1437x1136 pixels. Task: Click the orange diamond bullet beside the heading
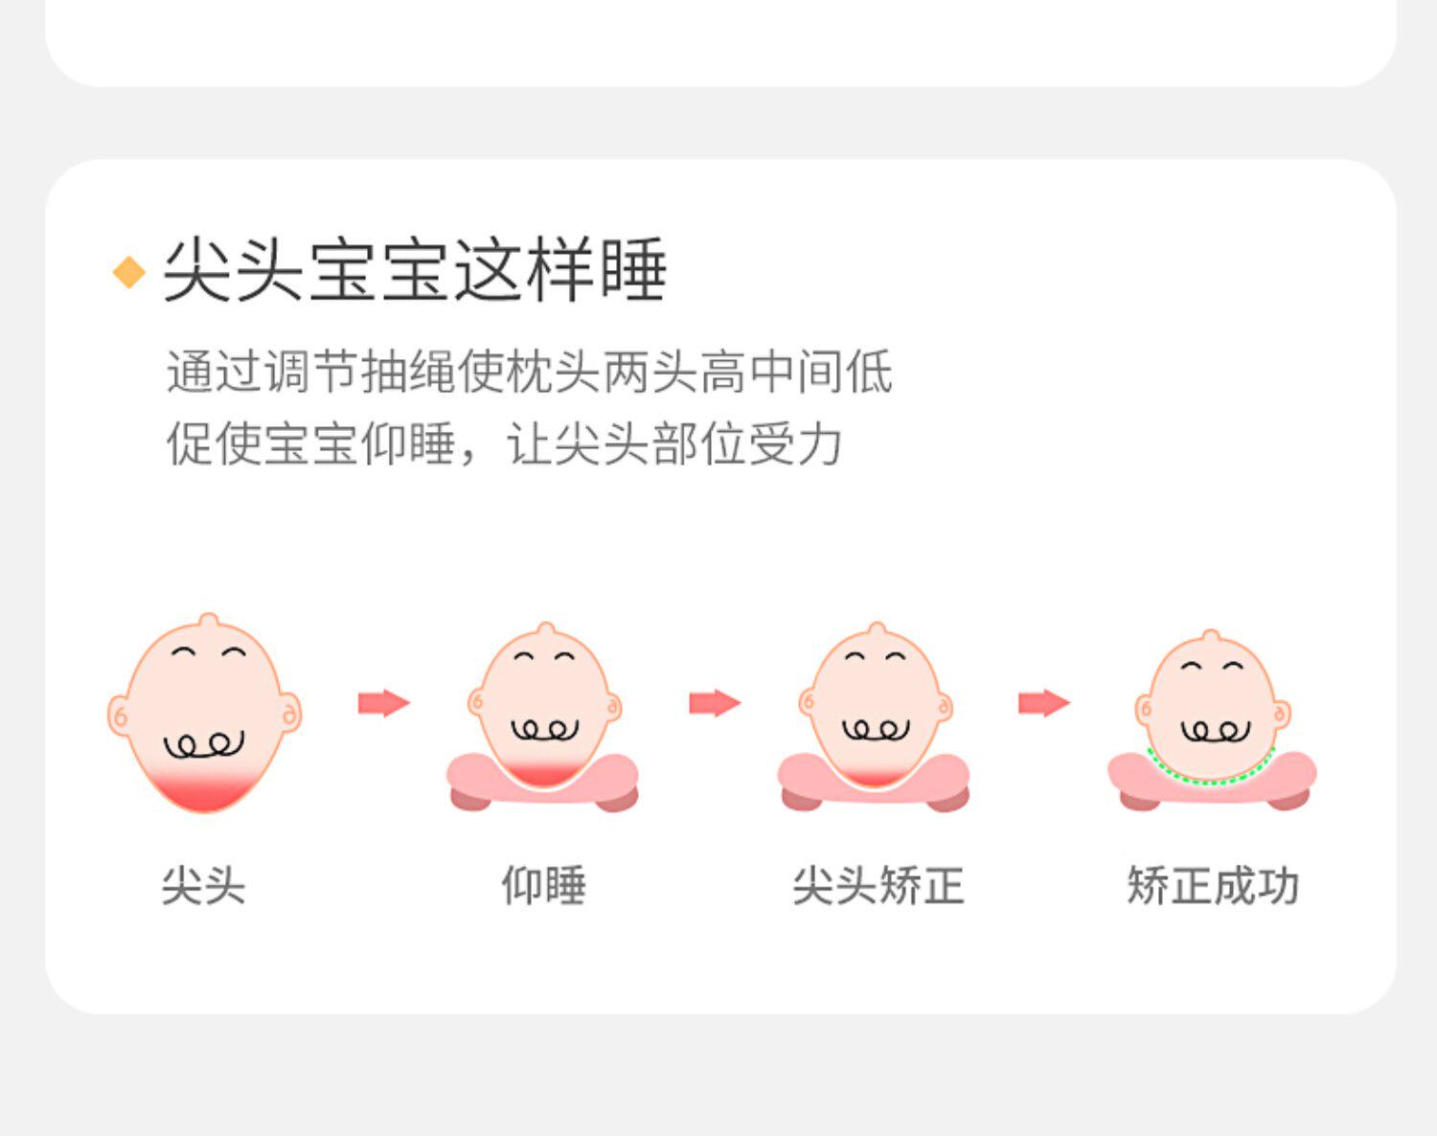129,272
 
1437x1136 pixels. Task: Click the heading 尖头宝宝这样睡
414,270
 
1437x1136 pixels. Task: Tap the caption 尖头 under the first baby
203,885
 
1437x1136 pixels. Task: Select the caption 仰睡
543,885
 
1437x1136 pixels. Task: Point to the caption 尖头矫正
878,885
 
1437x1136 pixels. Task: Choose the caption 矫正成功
1213,885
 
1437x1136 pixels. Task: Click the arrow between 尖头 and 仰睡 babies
383,703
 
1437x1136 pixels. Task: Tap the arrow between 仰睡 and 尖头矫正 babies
715,703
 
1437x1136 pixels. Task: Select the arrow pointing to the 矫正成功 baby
1044,703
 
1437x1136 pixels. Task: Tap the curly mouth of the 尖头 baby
204,744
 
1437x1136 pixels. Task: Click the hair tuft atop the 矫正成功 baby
1211,637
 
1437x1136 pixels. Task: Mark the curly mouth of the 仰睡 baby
544,730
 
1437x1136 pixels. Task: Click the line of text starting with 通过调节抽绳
529,372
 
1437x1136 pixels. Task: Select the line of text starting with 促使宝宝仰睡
504,443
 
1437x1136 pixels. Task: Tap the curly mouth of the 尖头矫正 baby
876,730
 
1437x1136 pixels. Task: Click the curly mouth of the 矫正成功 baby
1215,732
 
